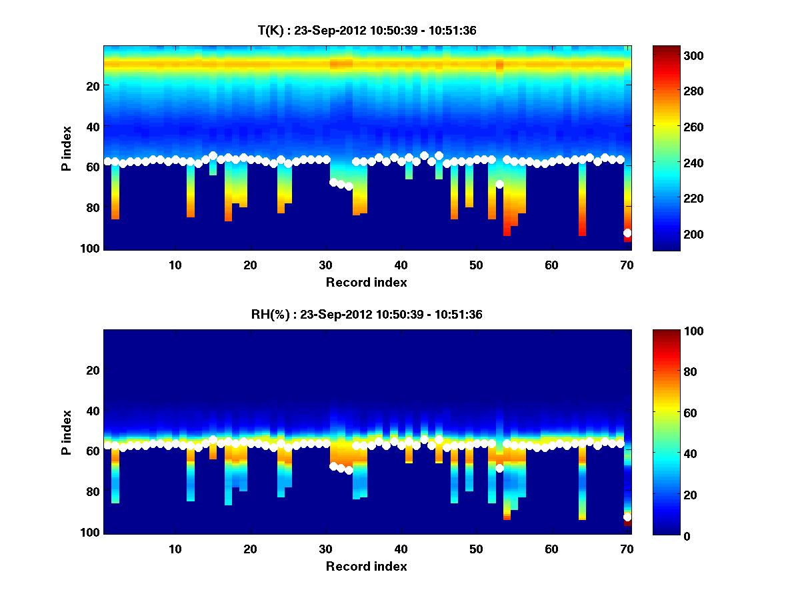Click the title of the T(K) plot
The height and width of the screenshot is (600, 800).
coord(367,30)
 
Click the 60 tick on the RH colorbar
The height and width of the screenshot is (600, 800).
coord(691,413)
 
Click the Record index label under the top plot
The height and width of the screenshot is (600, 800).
coord(367,282)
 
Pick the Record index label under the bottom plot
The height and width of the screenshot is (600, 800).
coord(367,566)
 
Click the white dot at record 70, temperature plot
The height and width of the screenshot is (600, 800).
coord(627,233)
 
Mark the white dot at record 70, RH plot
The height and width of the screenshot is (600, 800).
coord(627,517)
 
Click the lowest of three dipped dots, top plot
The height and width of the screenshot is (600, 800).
coord(349,186)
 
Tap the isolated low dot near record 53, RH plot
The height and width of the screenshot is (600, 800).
coord(499,468)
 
